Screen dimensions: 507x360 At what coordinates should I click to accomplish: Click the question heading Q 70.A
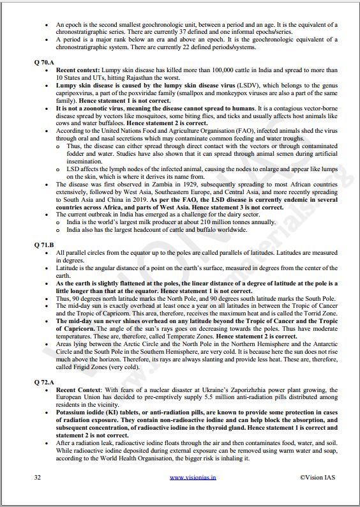coord(43,62)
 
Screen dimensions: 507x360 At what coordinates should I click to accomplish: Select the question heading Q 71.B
coord(43,245)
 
